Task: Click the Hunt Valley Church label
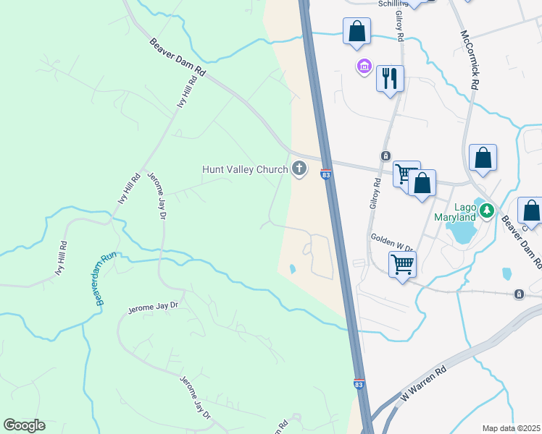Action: tap(244, 170)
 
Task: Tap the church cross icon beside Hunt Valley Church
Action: tap(299, 170)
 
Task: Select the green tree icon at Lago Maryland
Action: tap(488, 210)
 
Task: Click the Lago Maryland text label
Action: tap(454, 212)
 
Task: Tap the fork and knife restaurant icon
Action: tap(390, 78)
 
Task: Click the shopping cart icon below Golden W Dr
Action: tap(402, 264)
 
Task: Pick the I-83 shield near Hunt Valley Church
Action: tap(326, 174)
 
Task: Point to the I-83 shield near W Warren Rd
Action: tap(359, 385)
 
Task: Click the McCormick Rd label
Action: tap(469, 59)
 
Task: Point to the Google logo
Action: tap(24, 425)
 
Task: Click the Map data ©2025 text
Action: tap(512, 428)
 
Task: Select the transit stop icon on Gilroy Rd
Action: tap(386, 156)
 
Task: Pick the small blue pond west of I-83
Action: tap(292, 269)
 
